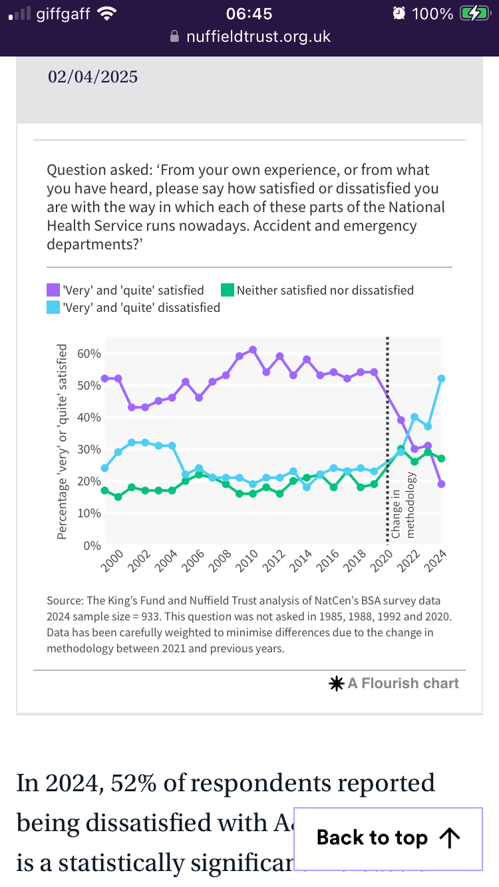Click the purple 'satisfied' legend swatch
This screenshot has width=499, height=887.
click(53, 291)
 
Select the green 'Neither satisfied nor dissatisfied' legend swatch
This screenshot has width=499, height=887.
click(228, 291)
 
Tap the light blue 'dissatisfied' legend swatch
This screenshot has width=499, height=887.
click(53, 308)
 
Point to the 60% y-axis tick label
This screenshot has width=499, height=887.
click(88, 353)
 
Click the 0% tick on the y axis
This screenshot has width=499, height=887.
click(92, 545)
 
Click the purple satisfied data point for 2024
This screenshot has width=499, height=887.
click(441, 484)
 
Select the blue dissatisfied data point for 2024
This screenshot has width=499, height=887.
click(441, 378)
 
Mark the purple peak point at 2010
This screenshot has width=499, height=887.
click(253, 350)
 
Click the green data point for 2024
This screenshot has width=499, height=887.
click(441, 458)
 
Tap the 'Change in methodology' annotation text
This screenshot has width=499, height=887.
click(403, 505)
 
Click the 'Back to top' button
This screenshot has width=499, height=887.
click(388, 838)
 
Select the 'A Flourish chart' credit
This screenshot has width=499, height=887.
click(403, 683)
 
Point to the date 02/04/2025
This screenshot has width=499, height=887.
click(92, 77)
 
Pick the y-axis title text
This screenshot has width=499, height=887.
click(62, 442)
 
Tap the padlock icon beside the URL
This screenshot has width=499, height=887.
click(175, 37)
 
